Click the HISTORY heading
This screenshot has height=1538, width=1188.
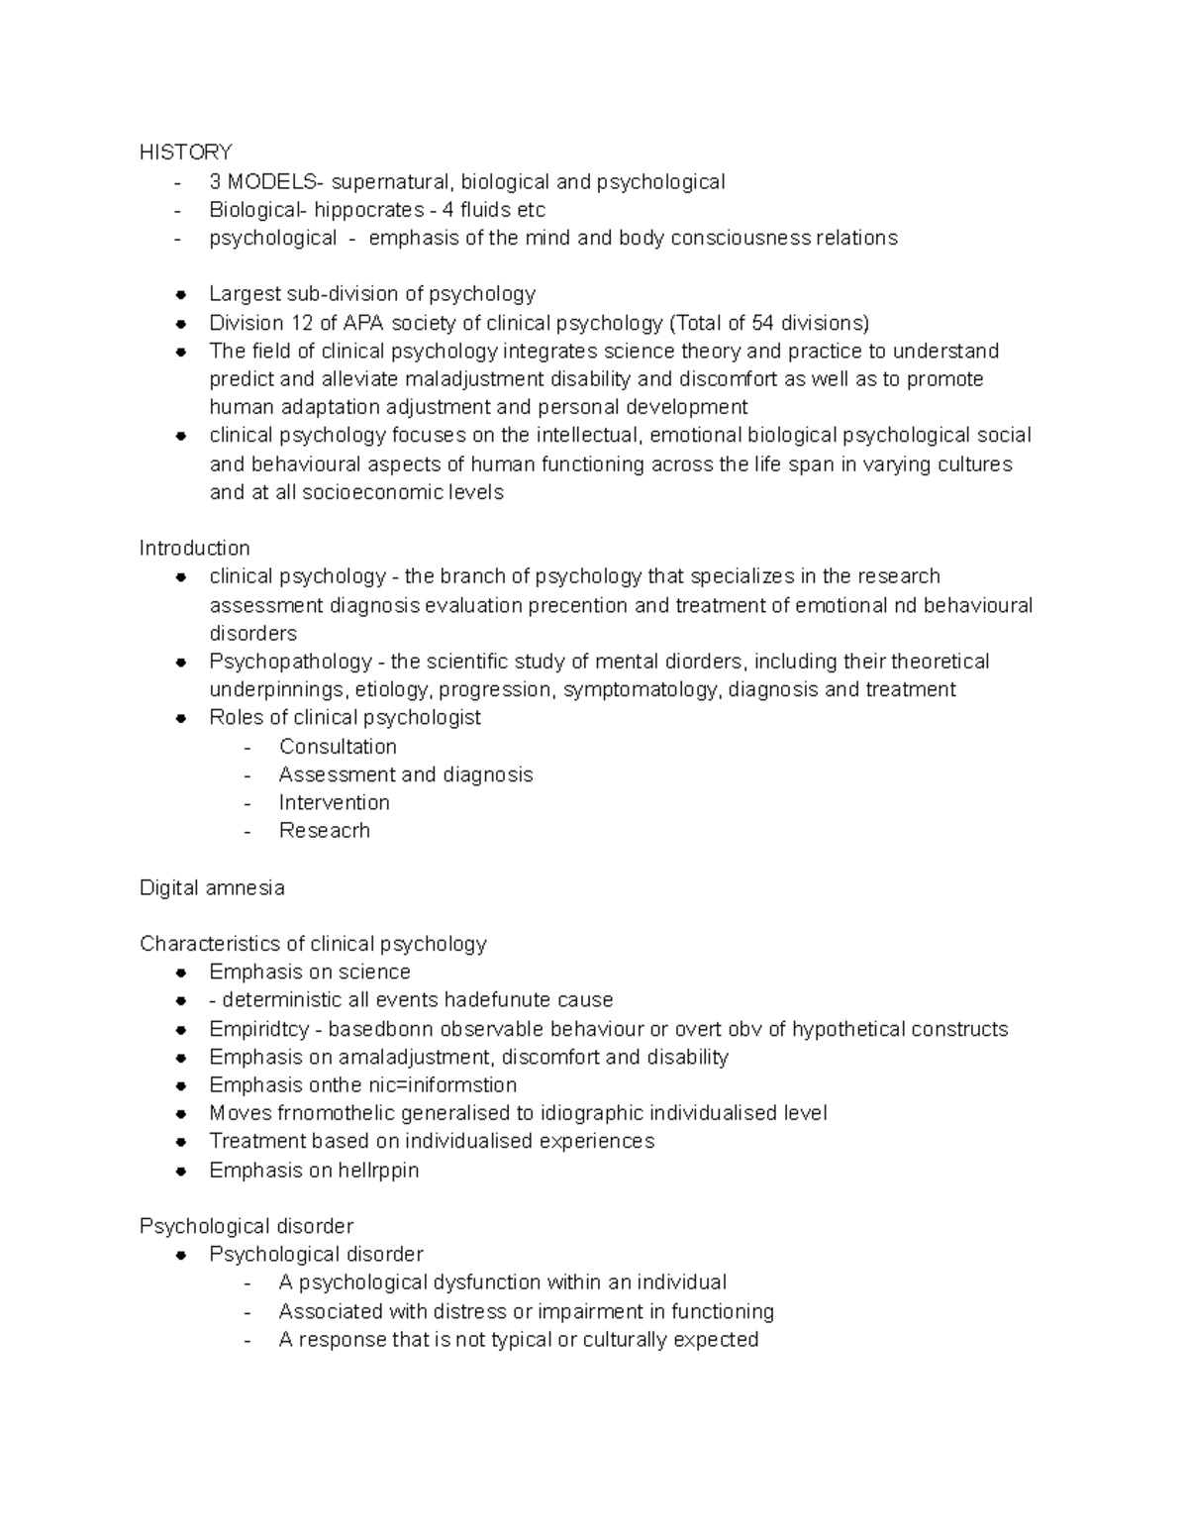(185, 152)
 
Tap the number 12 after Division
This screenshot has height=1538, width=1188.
(301, 323)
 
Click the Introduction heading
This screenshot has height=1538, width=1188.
(194, 549)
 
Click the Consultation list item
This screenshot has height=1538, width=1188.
(338, 747)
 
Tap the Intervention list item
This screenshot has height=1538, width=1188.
(334, 803)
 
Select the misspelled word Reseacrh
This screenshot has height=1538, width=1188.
(324, 831)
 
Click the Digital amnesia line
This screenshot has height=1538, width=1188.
(212, 888)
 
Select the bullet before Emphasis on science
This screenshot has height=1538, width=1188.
(181, 974)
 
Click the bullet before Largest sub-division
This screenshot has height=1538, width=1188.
(181, 295)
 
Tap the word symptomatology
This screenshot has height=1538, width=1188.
(642, 690)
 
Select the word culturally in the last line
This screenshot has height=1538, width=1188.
(625, 1340)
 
